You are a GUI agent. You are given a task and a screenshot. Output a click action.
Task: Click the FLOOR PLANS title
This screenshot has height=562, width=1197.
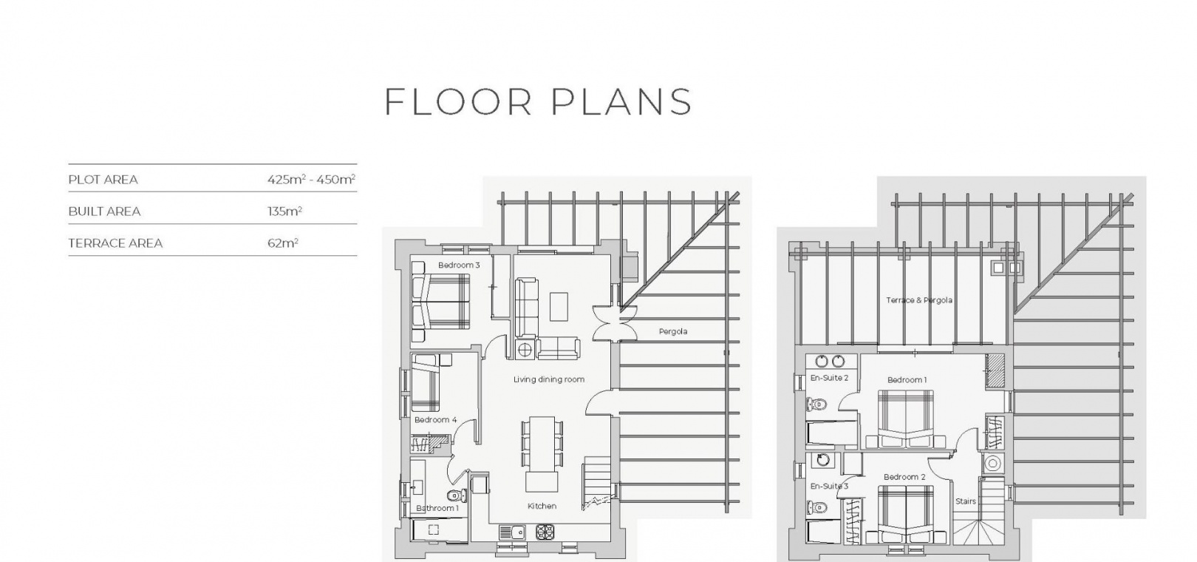539,101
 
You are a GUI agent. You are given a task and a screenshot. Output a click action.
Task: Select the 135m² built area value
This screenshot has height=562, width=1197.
284,211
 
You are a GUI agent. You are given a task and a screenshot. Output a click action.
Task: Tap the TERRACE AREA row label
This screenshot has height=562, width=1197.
115,243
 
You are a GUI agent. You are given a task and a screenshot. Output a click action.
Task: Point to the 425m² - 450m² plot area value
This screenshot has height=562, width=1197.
312,179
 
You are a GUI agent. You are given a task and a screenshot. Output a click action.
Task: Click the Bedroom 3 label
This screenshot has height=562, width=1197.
459,265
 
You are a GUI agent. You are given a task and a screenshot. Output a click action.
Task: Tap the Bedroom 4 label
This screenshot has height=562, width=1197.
435,420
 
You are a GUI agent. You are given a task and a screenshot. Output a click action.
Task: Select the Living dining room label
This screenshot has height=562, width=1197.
549,379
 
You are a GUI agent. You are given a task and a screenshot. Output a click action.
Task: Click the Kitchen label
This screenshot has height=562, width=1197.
542,506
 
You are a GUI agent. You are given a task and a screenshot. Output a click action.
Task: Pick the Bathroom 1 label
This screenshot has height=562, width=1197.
437,508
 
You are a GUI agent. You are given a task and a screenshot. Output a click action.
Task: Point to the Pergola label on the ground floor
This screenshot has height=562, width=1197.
673,331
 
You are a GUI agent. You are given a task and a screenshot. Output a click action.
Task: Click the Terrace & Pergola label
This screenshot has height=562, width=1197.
919,300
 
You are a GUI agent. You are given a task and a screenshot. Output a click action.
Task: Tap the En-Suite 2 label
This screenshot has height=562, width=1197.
829,378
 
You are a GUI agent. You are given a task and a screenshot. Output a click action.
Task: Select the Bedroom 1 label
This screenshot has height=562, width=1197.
907,380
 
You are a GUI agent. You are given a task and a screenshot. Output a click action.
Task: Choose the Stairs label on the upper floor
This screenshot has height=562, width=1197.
966,501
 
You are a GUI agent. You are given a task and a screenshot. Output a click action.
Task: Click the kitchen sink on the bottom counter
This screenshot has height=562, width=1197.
513,532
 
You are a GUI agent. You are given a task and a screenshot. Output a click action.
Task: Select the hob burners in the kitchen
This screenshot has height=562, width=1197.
545,532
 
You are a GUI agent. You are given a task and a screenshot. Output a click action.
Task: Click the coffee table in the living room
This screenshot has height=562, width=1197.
559,306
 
